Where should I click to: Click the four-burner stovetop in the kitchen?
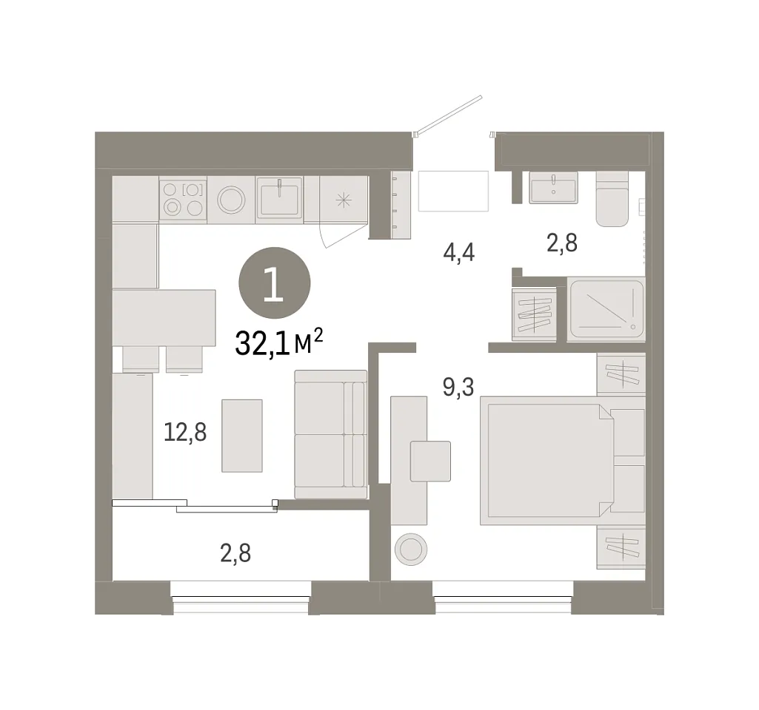point(183,200)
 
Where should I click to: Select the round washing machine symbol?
point(231,200)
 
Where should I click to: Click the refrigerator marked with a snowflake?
point(343,200)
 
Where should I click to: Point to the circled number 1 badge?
point(275,283)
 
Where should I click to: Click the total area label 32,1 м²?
point(279,342)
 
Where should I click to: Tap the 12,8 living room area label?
point(185,432)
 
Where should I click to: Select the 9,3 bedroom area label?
point(458,387)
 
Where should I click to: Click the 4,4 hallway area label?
point(458,252)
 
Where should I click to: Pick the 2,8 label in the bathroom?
point(562,243)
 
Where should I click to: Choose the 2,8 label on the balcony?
point(235,553)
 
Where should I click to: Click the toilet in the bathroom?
point(612,199)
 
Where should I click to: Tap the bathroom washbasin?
point(553,188)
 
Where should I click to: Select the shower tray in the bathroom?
point(607,308)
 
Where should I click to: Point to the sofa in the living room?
point(330,434)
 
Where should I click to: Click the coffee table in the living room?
point(242,436)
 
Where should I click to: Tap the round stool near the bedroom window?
point(411,549)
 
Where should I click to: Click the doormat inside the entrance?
point(453,191)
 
